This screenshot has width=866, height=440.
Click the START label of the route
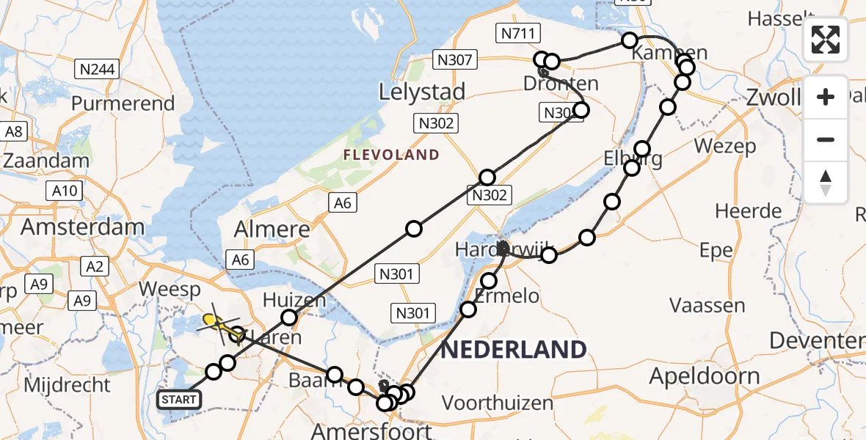(178, 400)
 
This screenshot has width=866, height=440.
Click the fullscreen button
(826, 40)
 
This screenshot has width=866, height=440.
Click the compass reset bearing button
(826, 182)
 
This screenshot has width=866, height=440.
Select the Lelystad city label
(422, 92)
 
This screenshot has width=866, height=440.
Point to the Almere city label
(272, 230)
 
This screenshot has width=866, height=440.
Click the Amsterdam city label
(82, 227)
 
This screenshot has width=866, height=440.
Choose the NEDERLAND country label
(514, 349)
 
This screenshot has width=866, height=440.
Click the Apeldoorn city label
(705, 377)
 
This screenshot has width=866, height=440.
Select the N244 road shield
(97, 70)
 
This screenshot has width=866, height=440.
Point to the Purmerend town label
(123, 103)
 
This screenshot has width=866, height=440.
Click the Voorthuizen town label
(498, 403)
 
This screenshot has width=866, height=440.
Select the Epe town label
(716, 251)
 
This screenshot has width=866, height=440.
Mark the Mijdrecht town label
(68, 384)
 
